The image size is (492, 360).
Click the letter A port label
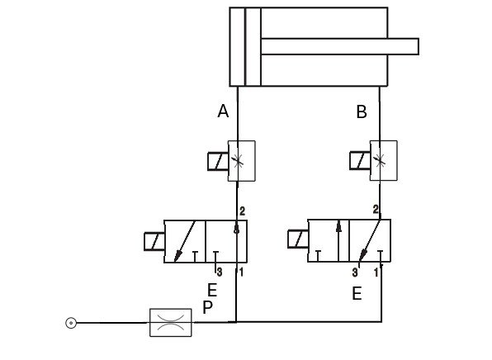point(223,111)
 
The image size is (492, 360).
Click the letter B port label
point(361,111)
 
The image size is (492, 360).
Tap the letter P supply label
point(207,307)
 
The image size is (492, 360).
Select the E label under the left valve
point(212,290)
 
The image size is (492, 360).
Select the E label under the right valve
point(357,293)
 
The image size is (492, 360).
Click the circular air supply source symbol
point(71,322)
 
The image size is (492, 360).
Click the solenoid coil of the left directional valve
point(154,242)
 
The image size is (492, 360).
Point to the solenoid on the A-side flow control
point(218,160)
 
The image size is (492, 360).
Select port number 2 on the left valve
point(242,211)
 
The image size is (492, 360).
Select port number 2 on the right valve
point(376,210)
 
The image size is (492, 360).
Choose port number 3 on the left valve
point(219,271)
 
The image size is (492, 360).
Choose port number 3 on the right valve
point(355,271)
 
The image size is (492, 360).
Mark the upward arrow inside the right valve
point(338,235)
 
